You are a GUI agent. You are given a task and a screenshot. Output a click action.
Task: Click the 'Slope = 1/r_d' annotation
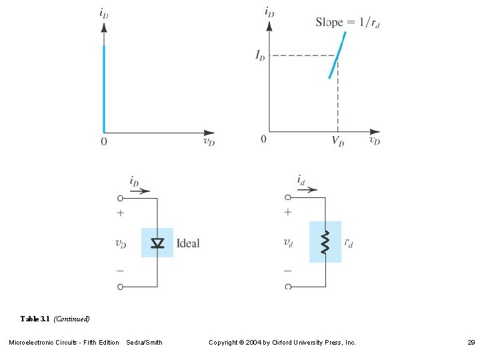[x=347, y=22]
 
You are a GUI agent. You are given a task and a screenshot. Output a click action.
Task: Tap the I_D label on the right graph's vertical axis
[x=260, y=55]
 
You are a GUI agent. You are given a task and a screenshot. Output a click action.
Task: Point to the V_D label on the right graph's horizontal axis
[x=338, y=141]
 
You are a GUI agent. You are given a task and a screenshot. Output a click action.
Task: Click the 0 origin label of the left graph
[x=104, y=141]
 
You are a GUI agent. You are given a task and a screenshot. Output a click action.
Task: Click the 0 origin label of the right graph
[x=263, y=139]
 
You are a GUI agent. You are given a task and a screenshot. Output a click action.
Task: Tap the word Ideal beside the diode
[x=188, y=243]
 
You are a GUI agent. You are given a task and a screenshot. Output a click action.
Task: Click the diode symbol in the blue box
[x=157, y=243]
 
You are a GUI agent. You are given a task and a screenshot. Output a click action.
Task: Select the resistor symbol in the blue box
[x=325, y=243]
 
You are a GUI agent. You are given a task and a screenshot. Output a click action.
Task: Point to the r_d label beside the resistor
[x=348, y=243]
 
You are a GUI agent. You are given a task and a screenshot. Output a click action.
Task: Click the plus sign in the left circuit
[x=120, y=213]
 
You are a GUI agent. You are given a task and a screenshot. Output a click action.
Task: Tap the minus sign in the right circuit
[x=288, y=271]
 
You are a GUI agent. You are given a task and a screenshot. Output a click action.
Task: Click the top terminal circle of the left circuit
[x=120, y=198]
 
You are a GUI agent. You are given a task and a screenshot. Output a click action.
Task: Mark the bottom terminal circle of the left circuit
[x=120, y=287]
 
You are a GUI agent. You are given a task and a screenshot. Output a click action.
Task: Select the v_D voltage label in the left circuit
[x=121, y=244]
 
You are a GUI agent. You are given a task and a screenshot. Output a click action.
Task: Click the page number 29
[x=471, y=343]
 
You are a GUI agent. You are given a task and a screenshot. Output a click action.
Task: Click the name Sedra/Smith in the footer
[x=144, y=343]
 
